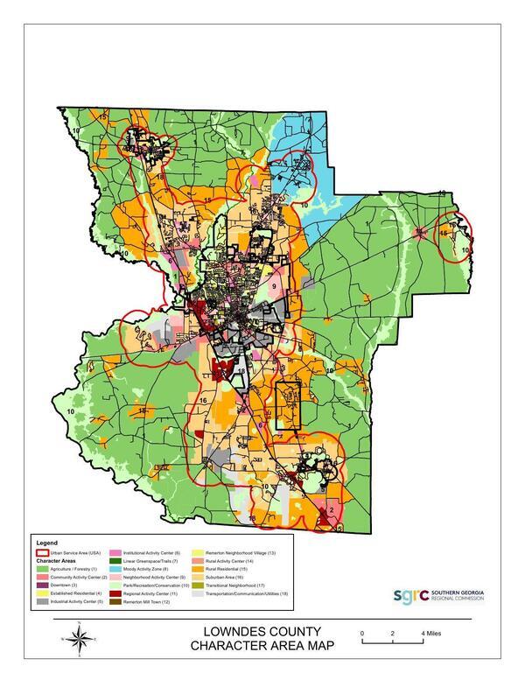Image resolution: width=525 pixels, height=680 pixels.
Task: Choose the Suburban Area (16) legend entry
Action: pos(229,577)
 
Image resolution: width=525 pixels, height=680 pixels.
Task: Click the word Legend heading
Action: pos(45,544)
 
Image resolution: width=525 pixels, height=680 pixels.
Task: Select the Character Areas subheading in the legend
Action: pos(56,560)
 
